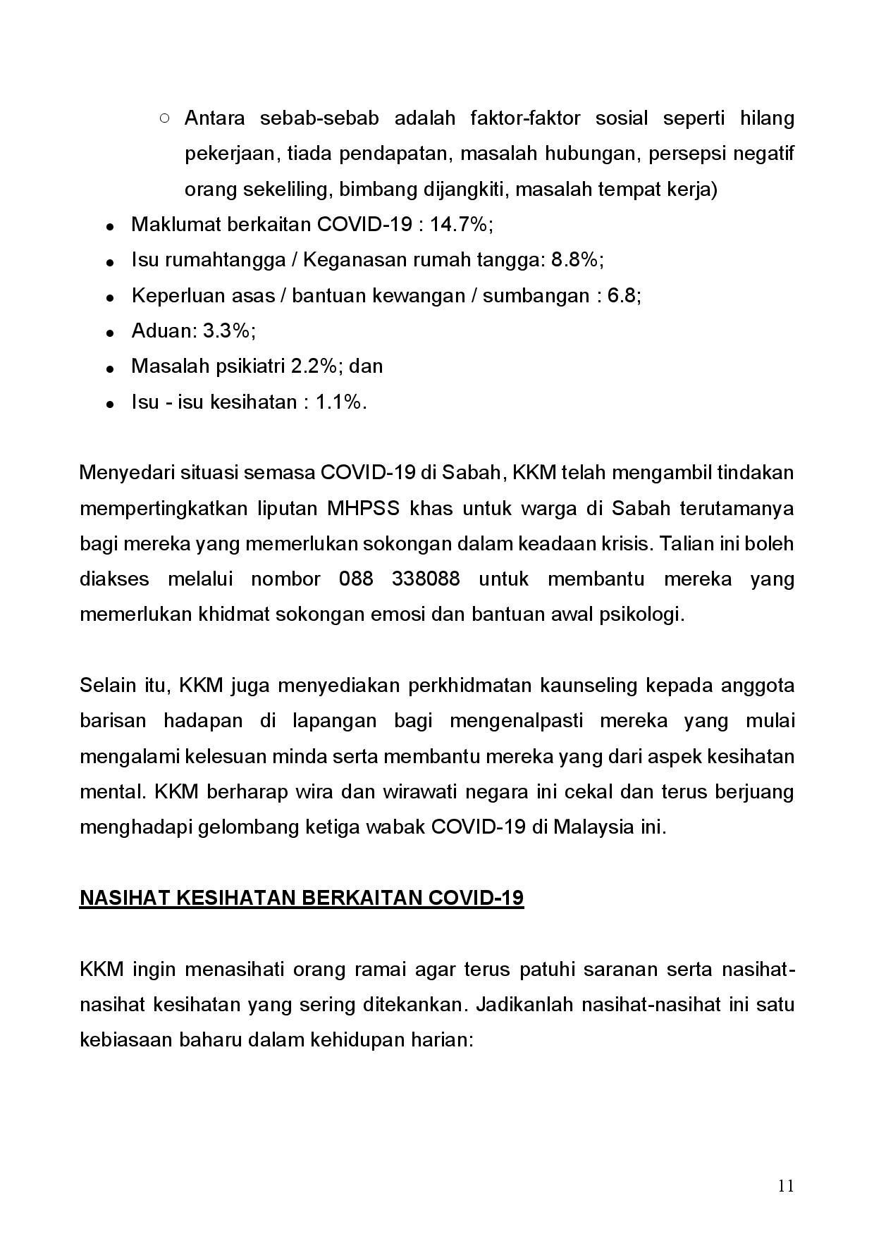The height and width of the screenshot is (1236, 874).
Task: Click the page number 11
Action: point(786,1185)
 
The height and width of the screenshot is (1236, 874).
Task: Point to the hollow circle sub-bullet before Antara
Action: point(164,118)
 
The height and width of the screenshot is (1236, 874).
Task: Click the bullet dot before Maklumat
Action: point(110,227)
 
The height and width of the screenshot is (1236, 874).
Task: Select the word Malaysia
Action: point(593,827)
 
